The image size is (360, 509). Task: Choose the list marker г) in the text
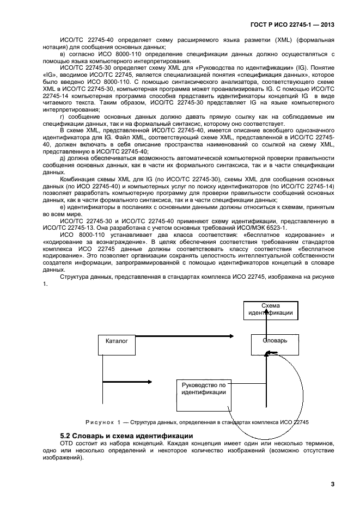(63, 118)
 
